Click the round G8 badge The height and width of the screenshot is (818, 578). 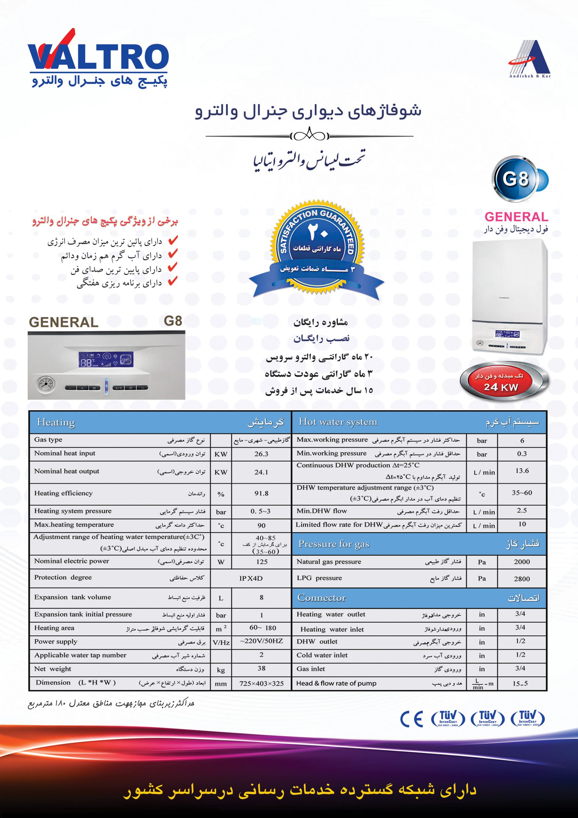(516, 179)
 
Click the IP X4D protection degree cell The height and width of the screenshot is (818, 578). (251, 578)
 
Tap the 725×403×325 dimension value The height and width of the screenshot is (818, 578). (262, 683)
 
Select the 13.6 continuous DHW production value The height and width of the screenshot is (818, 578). (522, 471)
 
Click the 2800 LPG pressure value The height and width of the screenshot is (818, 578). (522, 579)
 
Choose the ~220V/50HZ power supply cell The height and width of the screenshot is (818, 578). (262, 641)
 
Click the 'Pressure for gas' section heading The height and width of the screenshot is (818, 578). (334, 544)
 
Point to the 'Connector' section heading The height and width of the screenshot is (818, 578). (322, 598)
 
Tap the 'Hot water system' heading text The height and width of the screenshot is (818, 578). (338, 422)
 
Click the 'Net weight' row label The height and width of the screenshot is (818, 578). (53, 669)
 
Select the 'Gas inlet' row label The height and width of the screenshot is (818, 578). (310, 669)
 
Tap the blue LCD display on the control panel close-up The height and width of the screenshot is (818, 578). (106, 360)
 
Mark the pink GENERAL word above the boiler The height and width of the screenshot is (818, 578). (516, 217)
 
